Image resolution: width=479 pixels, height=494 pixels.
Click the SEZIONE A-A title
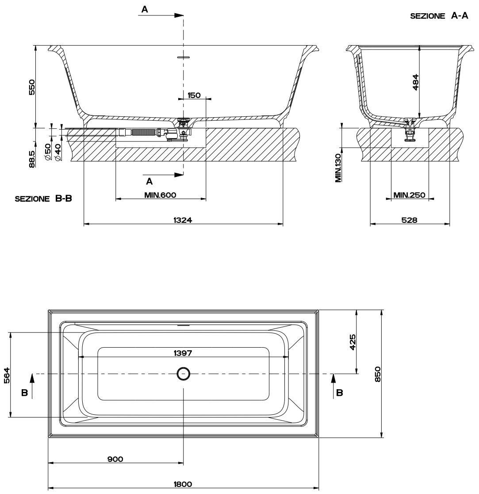click(x=439, y=16)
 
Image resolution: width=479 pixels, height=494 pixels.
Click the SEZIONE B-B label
click(x=43, y=199)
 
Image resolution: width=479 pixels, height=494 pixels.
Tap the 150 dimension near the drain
click(x=194, y=95)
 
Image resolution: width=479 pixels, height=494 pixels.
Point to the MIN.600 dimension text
click(x=160, y=195)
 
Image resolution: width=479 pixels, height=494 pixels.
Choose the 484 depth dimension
click(x=415, y=82)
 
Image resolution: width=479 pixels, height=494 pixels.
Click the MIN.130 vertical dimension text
click(x=338, y=168)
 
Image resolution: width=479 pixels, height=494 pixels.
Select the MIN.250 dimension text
click(x=409, y=195)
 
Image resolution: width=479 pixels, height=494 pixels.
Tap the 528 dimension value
click(x=409, y=219)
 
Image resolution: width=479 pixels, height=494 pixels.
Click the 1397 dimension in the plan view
click(x=183, y=352)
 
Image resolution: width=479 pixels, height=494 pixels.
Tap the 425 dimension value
click(x=352, y=342)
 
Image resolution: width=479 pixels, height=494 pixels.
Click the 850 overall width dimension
click(x=377, y=374)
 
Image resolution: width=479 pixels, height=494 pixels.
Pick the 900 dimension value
click(x=115, y=459)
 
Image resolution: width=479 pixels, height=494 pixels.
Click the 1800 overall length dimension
click(x=183, y=484)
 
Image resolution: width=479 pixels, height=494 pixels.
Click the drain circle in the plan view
click(x=183, y=374)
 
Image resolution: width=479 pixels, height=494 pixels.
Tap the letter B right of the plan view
click(x=339, y=392)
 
